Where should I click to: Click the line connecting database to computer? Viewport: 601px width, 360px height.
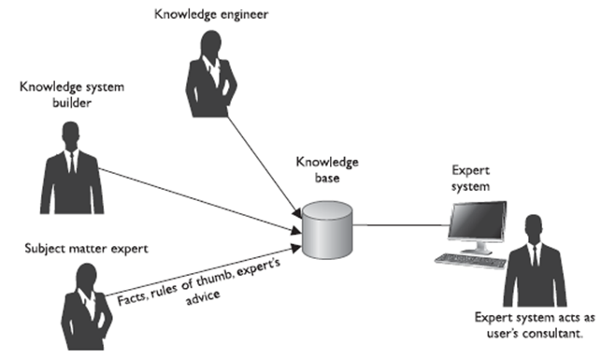tap(397, 224)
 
